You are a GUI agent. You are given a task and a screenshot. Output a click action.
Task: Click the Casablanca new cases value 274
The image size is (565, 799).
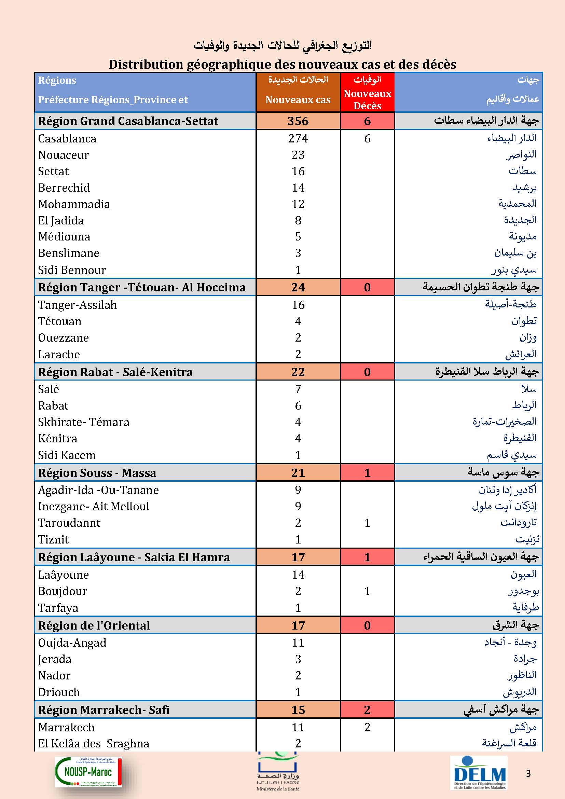tap(298, 138)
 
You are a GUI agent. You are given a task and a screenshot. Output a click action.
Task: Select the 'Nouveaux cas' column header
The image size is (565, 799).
tap(298, 100)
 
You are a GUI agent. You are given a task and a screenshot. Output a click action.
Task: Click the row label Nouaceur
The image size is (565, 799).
tap(63, 155)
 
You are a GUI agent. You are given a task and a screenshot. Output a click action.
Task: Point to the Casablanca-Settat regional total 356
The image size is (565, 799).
tap(298, 121)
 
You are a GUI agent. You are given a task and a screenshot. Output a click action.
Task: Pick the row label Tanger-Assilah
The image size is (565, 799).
tap(77, 305)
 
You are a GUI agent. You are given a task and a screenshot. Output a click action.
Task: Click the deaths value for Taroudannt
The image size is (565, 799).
tap(368, 523)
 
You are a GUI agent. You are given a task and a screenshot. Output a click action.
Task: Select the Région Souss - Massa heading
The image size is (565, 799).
tap(97, 473)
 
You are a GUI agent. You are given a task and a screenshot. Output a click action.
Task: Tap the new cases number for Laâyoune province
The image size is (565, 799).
tap(298, 575)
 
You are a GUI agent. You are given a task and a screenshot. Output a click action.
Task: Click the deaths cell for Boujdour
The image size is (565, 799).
tap(368, 591)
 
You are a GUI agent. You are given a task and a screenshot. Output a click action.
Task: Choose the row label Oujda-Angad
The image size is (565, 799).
tap(72, 643)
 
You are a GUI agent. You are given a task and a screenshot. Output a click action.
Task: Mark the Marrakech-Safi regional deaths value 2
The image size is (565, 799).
tap(368, 710)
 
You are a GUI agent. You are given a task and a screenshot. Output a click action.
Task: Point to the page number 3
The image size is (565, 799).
tap(528, 774)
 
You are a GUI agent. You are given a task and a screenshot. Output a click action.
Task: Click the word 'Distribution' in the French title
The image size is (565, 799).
tap(147, 65)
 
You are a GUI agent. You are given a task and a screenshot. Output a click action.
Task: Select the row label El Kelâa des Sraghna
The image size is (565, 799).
tap(94, 743)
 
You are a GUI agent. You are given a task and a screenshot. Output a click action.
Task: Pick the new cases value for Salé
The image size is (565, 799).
tap(298, 389)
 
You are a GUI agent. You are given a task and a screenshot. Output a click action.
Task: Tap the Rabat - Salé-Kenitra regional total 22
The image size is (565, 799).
tap(298, 372)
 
